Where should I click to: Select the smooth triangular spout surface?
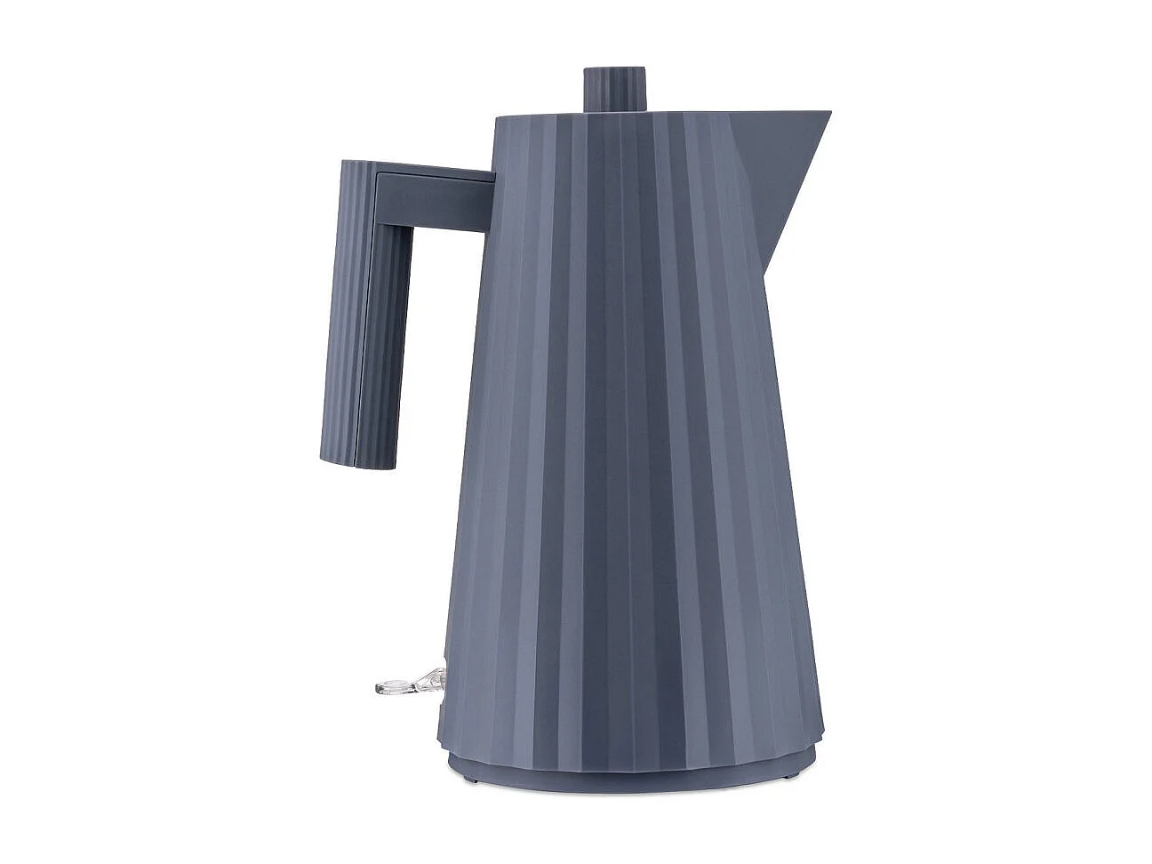782,169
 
